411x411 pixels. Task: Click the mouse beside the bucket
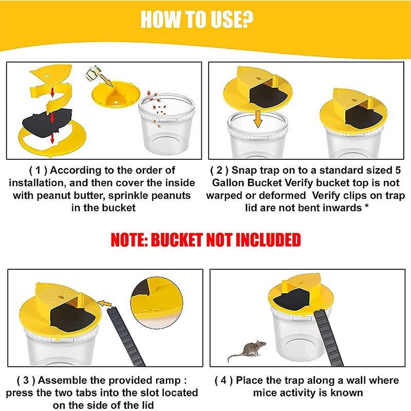247,351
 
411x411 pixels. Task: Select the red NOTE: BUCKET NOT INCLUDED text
206,240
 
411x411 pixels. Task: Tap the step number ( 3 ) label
26,381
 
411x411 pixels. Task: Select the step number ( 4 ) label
225,381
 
